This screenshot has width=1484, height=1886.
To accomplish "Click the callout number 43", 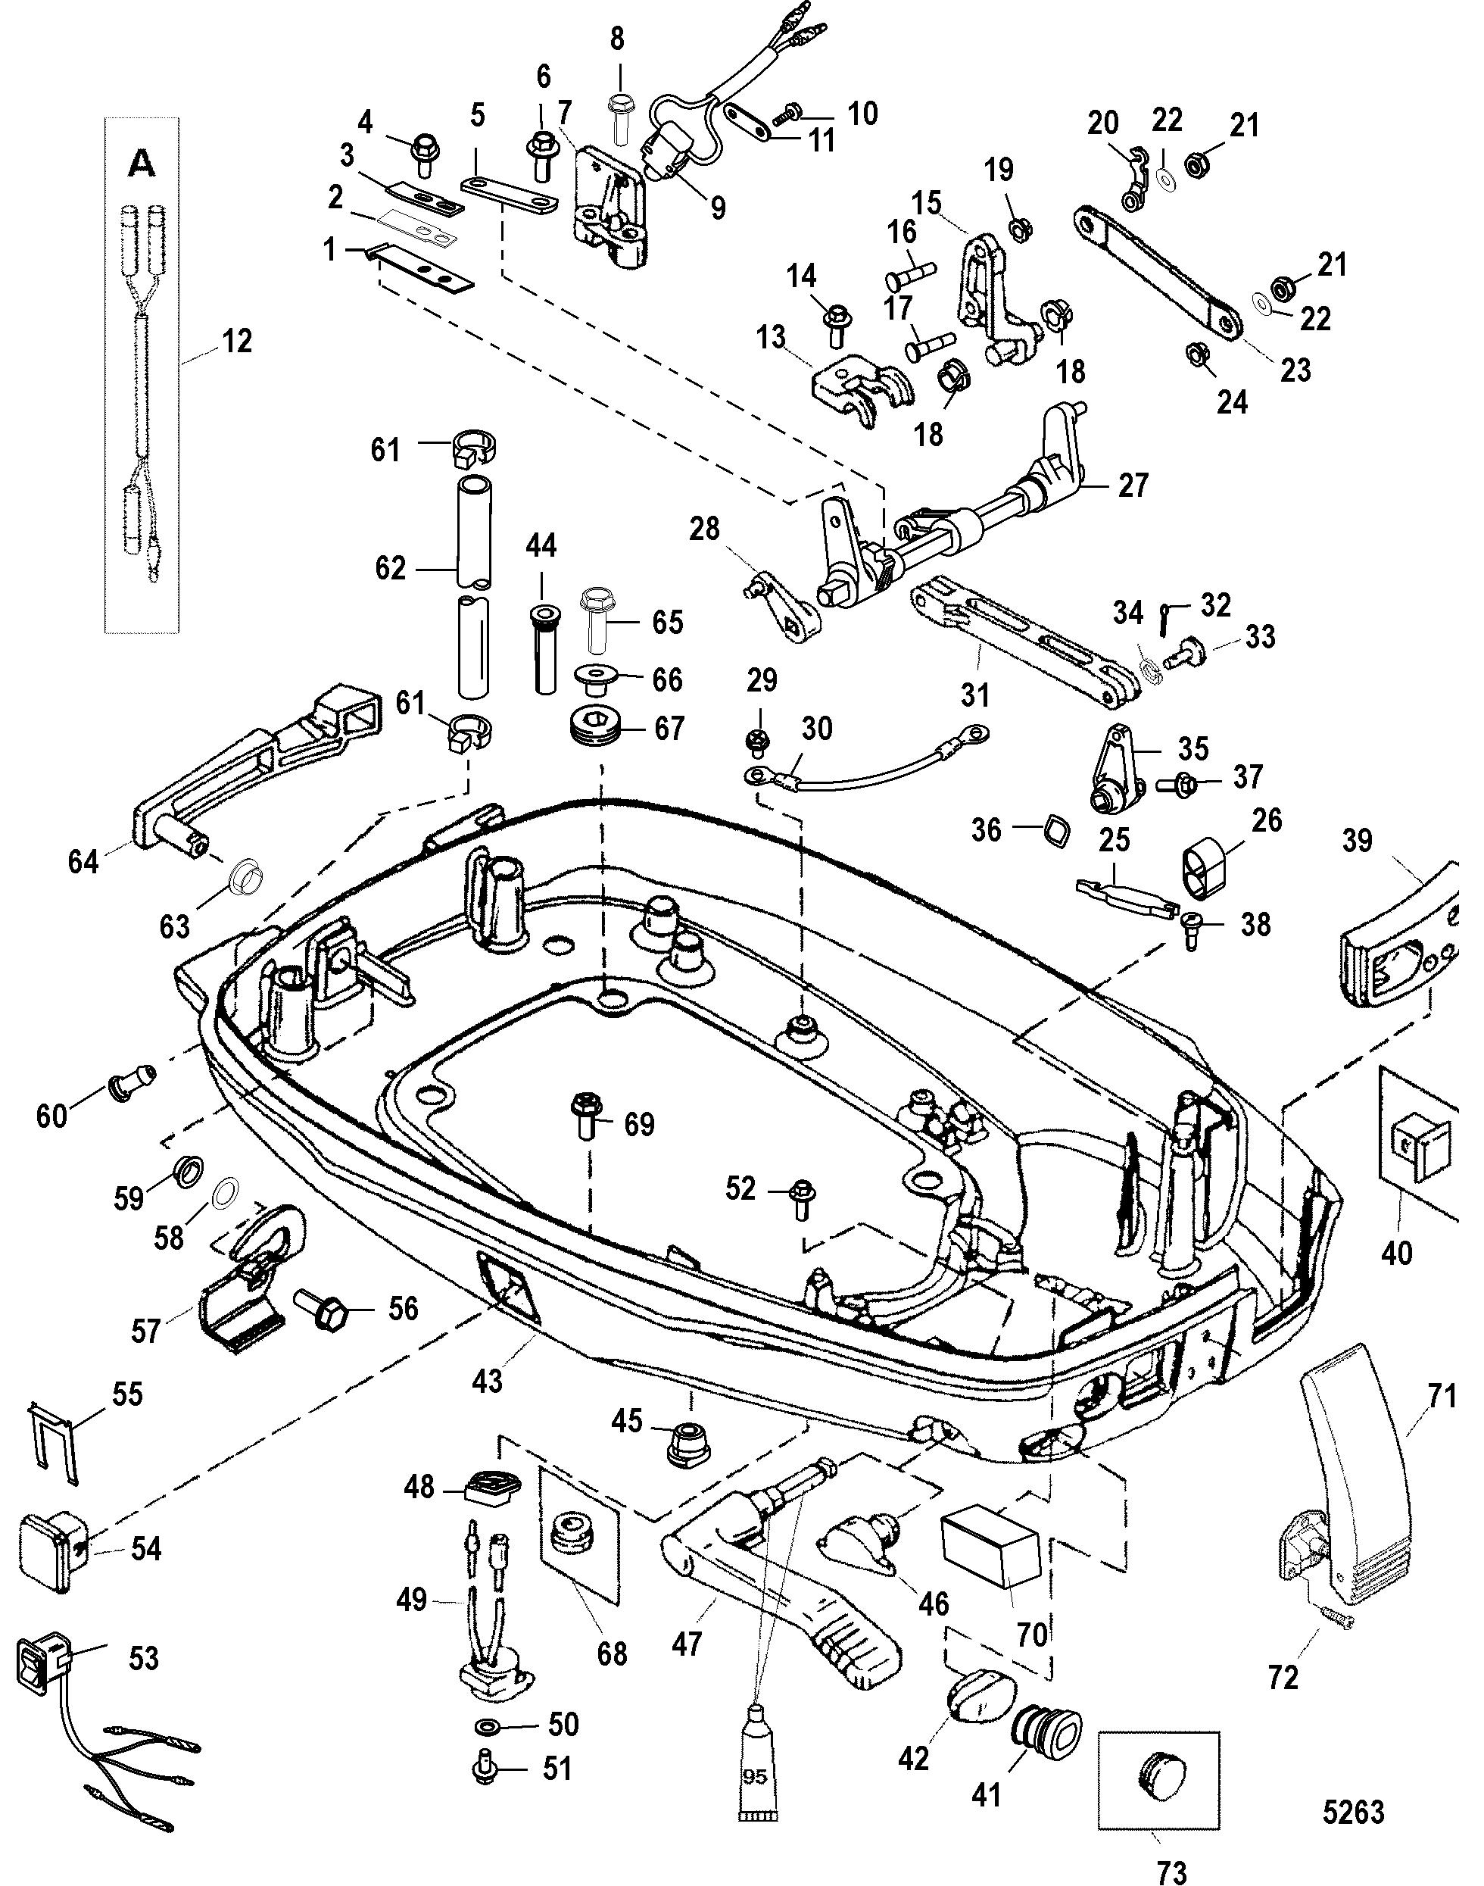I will click(x=487, y=1379).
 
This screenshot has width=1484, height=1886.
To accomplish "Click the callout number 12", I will click(x=236, y=342).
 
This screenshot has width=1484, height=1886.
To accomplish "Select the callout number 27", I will click(x=1132, y=484).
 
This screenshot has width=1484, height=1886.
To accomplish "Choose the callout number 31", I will click(x=975, y=695).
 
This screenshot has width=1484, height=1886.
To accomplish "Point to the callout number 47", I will click(x=687, y=1643).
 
